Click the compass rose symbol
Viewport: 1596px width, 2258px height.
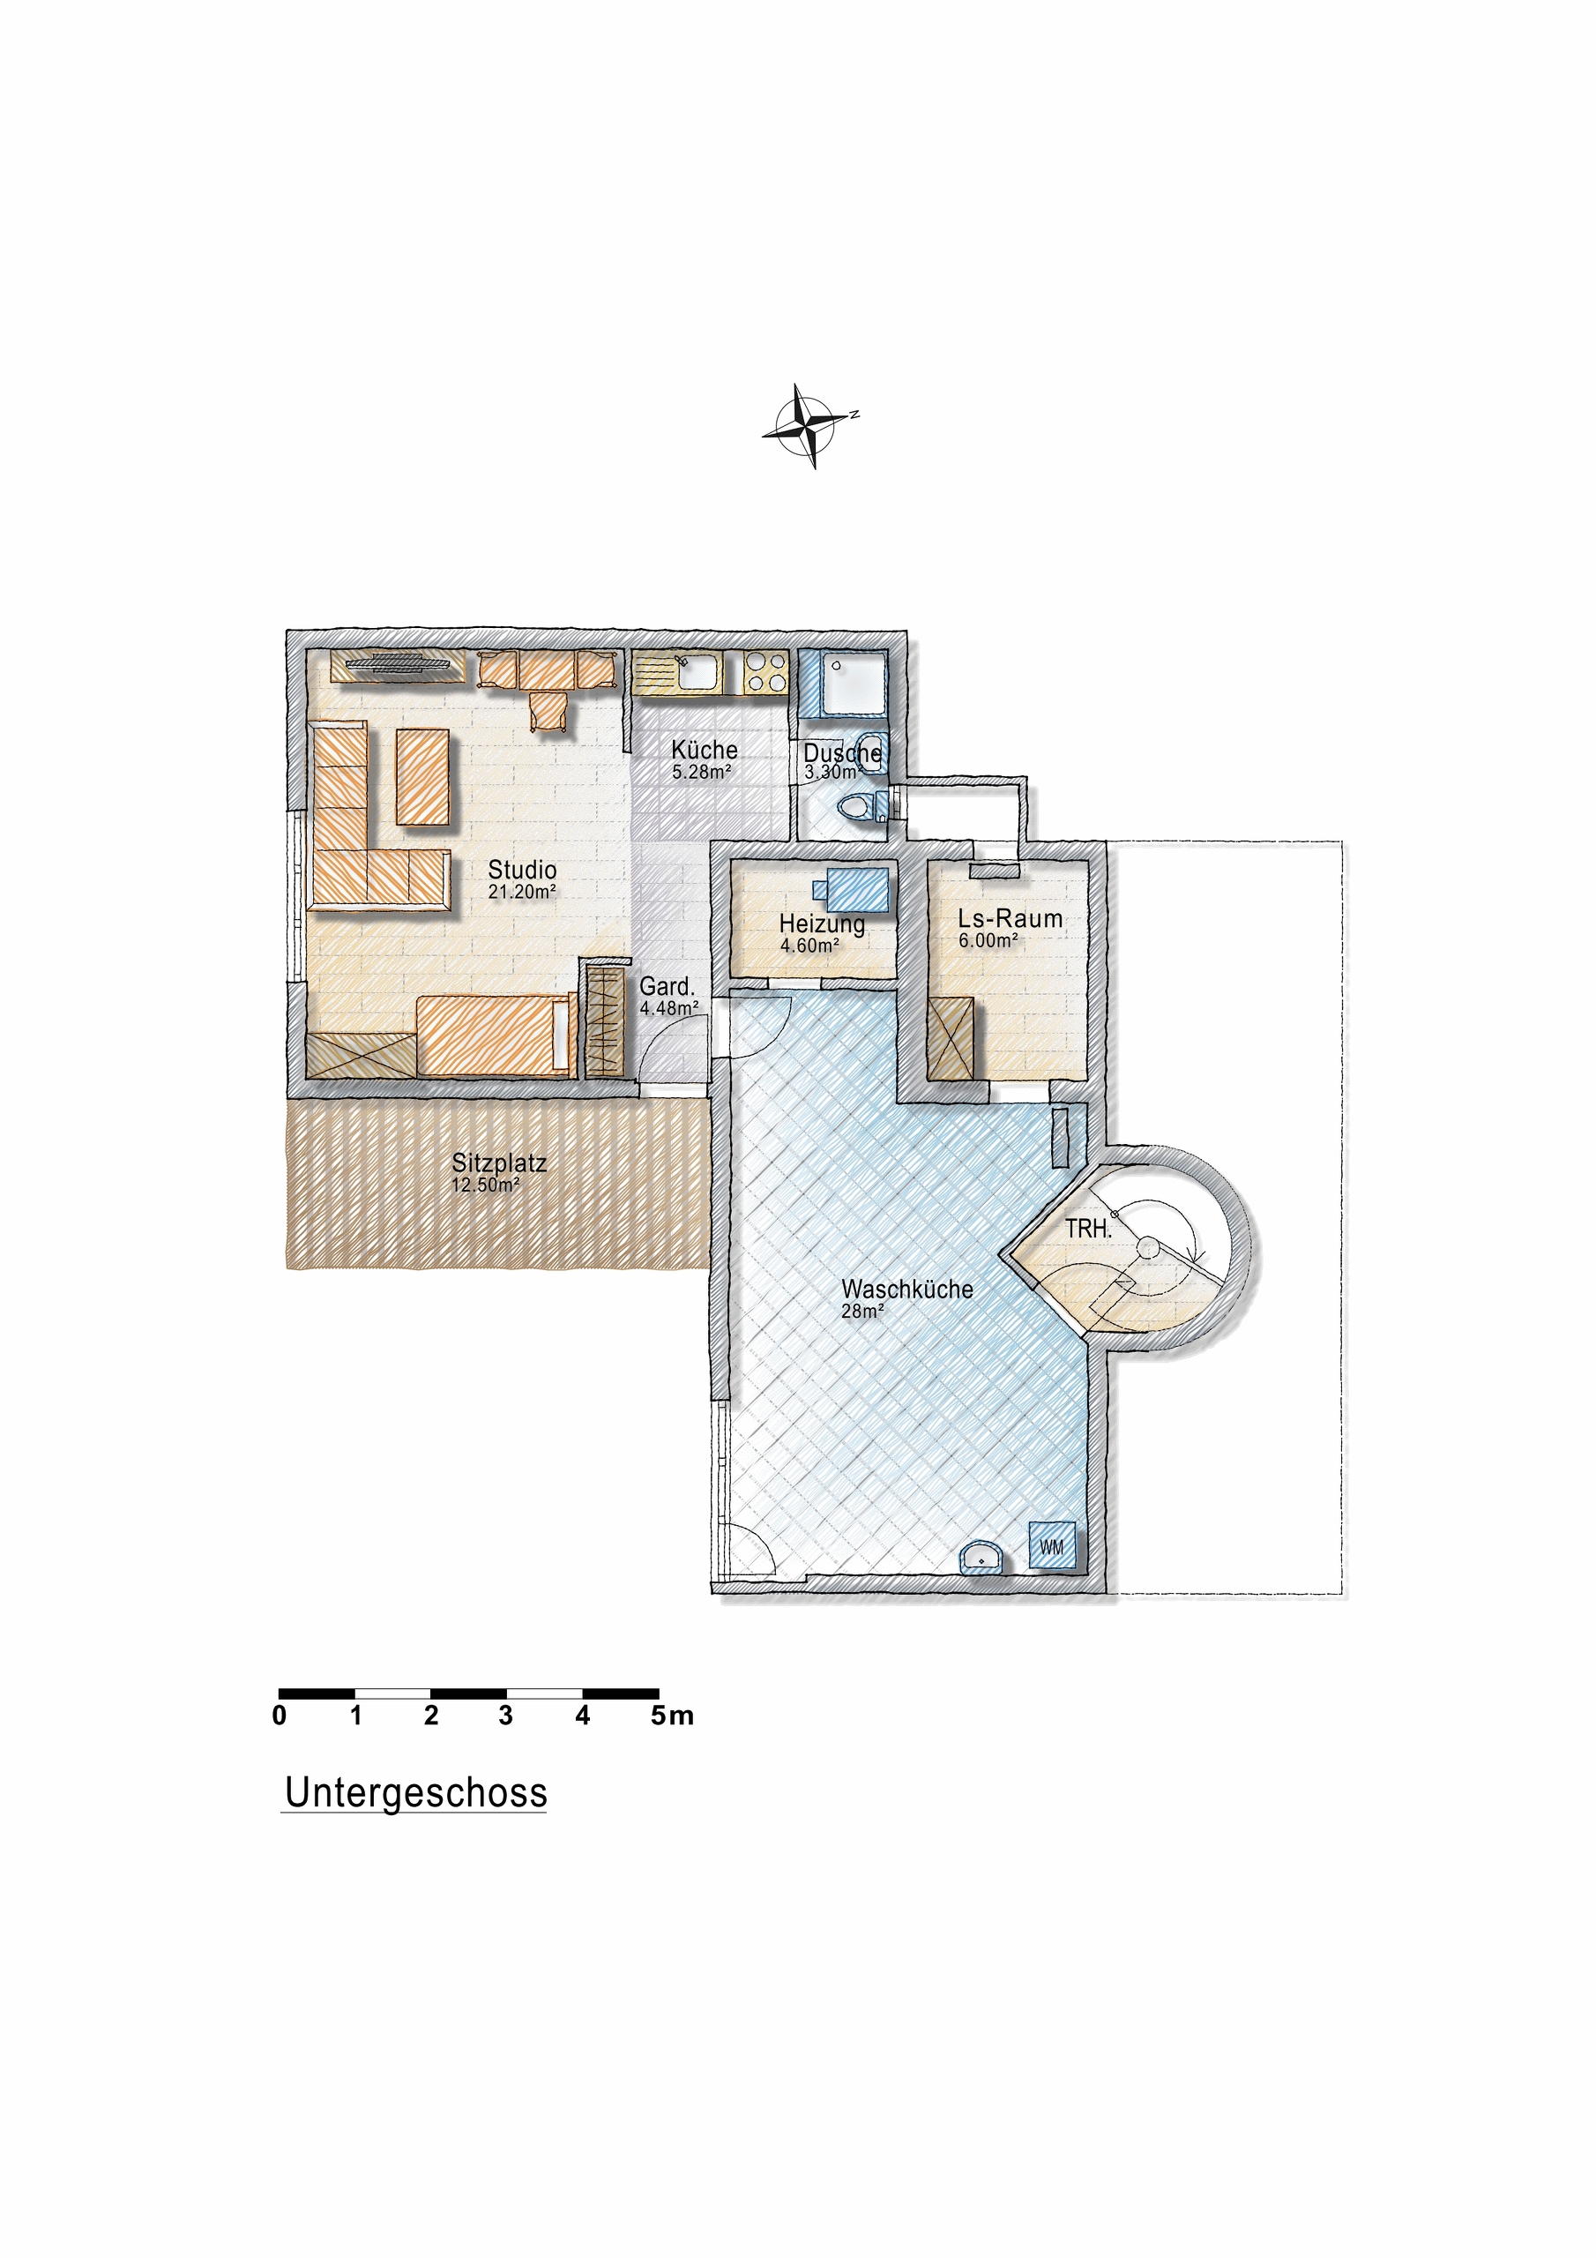[x=810, y=425]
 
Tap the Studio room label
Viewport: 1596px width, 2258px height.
[x=521, y=870]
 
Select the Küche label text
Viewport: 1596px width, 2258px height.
[x=704, y=750]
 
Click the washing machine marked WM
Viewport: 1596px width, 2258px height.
[x=1051, y=1546]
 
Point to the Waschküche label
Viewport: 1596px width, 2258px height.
[x=906, y=1289]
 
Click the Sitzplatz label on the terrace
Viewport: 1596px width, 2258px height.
[x=498, y=1163]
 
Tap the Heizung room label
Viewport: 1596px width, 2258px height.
[x=821, y=923]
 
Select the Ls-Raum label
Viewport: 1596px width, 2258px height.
[x=1010, y=918]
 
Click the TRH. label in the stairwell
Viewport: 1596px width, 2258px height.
[x=1087, y=1229]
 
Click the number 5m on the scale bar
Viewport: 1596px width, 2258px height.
[x=672, y=1716]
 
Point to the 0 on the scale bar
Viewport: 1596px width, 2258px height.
[x=280, y=1716]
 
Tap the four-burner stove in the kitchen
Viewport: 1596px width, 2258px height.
[x=765, y=673]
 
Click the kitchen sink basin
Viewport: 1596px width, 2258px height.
[x=698, y=673]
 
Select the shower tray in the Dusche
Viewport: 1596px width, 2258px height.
[x=853, y=682]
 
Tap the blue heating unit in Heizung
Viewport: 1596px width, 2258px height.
[x=857, y=889]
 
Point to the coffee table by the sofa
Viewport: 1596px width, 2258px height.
[x=421, y=777]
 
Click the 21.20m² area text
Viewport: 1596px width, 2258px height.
[x=521, y=892]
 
